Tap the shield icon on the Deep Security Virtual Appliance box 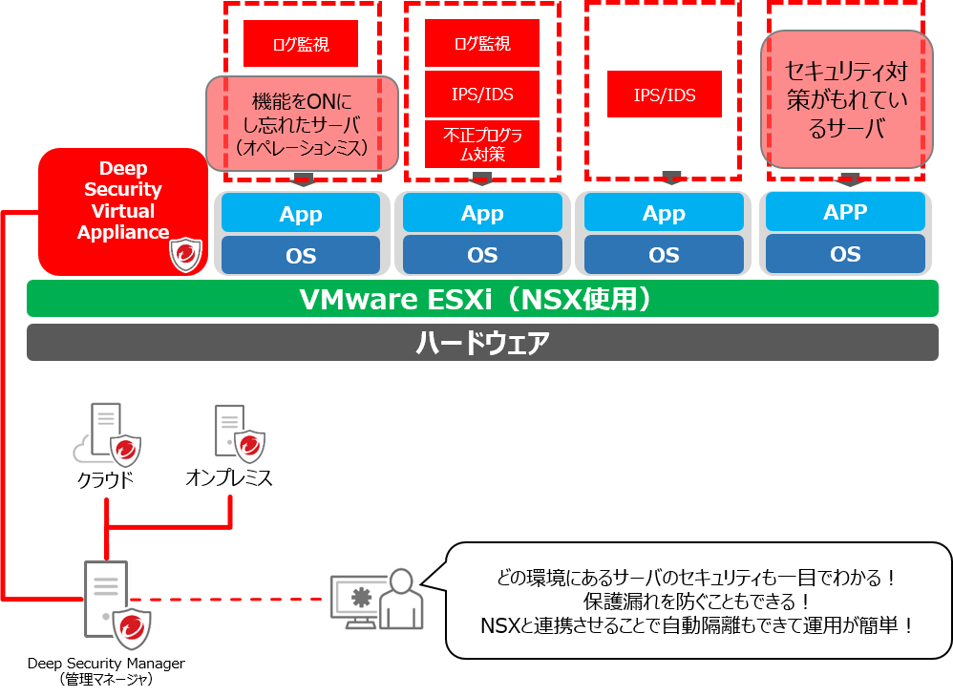tap(186, 255)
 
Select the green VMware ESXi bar tap(482, 299)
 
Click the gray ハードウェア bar tap(482, 343)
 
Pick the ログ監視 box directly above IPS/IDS tap(481, 44)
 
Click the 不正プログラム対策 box tap(481, 144)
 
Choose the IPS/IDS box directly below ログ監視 tap(481, 94)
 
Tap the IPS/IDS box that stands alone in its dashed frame tap(665, 95)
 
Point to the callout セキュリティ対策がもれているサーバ tap(845, 99)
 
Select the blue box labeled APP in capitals tap(845, 212)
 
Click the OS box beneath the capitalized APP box tap(845, 254)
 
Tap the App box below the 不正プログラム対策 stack tap(482, 214)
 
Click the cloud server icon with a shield tap(108, 435)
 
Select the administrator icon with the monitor tap(376, 601)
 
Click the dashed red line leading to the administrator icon tap(239, 600)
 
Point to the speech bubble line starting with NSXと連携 tap(697, 626)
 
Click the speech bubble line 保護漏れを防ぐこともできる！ tap(697, 602)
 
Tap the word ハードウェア tap(482, 343)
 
